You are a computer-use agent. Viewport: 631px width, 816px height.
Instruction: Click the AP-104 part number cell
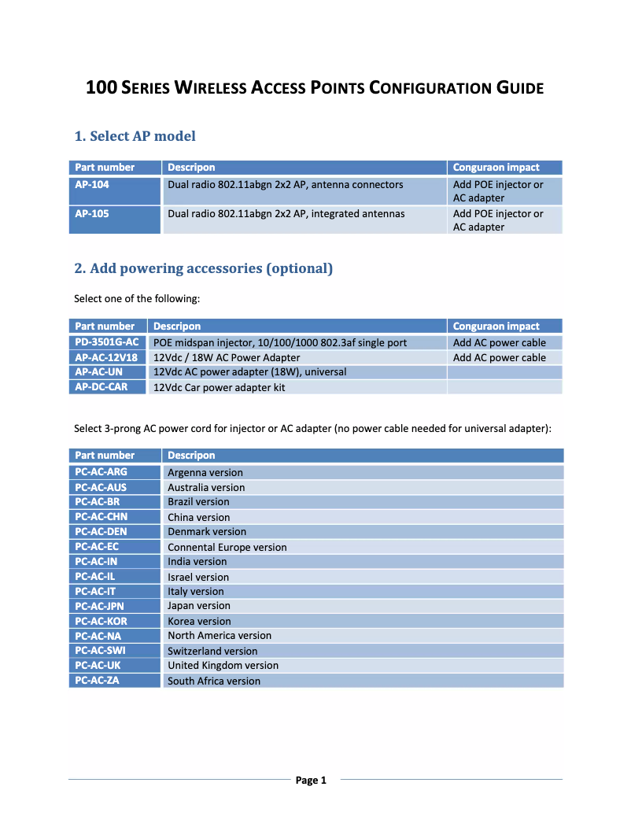click(92, 185)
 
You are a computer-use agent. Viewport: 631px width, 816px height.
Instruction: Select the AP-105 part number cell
click(92, 213)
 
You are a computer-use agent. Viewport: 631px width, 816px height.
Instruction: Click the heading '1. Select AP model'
click(135, 136)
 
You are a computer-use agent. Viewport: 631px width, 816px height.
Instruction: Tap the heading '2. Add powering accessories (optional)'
click(203, 268)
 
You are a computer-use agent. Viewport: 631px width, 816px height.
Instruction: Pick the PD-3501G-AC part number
click(107, 342)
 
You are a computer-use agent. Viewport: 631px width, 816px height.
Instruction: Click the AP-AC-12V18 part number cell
click(106, 357)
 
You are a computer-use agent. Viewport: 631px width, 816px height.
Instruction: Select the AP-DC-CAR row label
click(101, 387)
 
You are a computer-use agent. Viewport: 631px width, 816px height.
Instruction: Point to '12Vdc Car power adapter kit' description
click(219, 387)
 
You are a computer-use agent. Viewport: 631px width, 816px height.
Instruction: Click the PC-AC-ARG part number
click(101, 472)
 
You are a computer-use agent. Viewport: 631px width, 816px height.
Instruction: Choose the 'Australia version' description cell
click(206, 487)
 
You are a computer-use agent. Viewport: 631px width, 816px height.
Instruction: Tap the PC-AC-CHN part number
click(101, 517)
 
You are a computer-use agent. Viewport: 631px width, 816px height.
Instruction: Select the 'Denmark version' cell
click(207, 532)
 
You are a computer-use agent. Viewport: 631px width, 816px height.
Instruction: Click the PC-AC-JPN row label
click(99, 606)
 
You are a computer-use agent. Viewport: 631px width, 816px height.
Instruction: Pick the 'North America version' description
click(220, 636)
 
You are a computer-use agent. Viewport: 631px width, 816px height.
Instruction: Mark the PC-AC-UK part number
click(98, 666)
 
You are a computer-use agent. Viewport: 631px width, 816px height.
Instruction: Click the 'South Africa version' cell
click(214, 681)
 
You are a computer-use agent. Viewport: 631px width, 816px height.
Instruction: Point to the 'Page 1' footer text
click(311, 780)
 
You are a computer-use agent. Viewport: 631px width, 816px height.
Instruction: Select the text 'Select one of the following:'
click(138, 298)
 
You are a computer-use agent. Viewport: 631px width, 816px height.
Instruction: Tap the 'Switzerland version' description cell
click(212, 651)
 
